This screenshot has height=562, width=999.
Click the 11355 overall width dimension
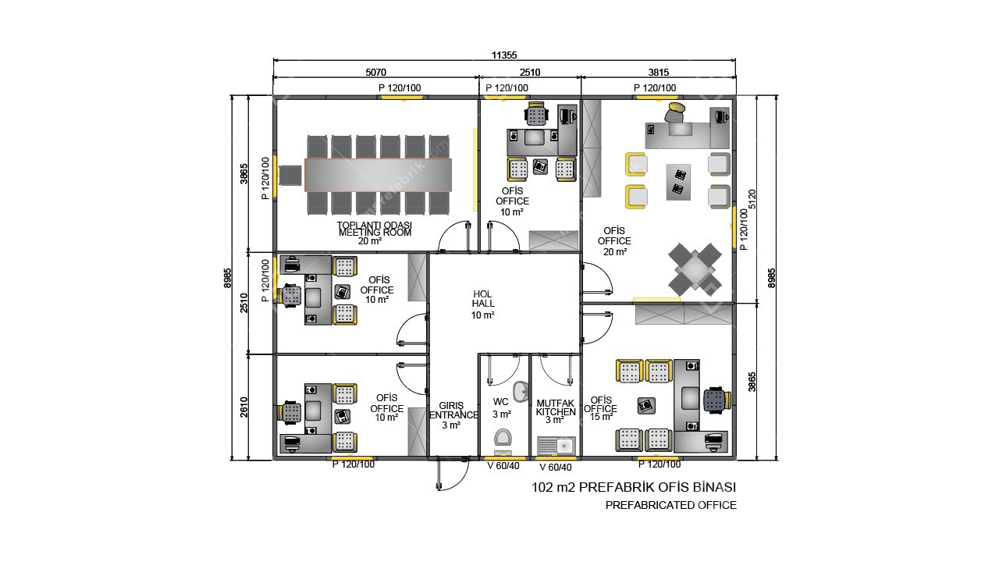click(504, 55)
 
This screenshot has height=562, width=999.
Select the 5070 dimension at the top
click(375, 73)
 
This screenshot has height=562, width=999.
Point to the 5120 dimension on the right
click(752, 198)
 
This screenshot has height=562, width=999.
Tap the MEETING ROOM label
click(375, 232)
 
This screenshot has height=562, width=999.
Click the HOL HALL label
click(483, 304)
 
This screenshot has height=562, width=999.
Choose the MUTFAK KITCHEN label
click(556, 411)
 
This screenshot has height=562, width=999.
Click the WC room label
click(501, 407)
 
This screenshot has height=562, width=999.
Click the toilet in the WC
click(503, 439)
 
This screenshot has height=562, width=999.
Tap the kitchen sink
click(556, 446)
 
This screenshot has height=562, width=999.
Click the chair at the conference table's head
click(291, 176)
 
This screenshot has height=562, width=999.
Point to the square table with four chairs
click(694, 269)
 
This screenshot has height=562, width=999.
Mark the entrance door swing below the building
click(448, 475)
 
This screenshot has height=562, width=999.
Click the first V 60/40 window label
click(503, 466)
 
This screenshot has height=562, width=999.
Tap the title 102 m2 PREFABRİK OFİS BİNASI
click(633, 487)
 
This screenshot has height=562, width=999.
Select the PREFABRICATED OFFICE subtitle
click(670, 505)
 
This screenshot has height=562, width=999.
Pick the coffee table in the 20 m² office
click(678, 182)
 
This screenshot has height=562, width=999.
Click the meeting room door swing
click(455, 236)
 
